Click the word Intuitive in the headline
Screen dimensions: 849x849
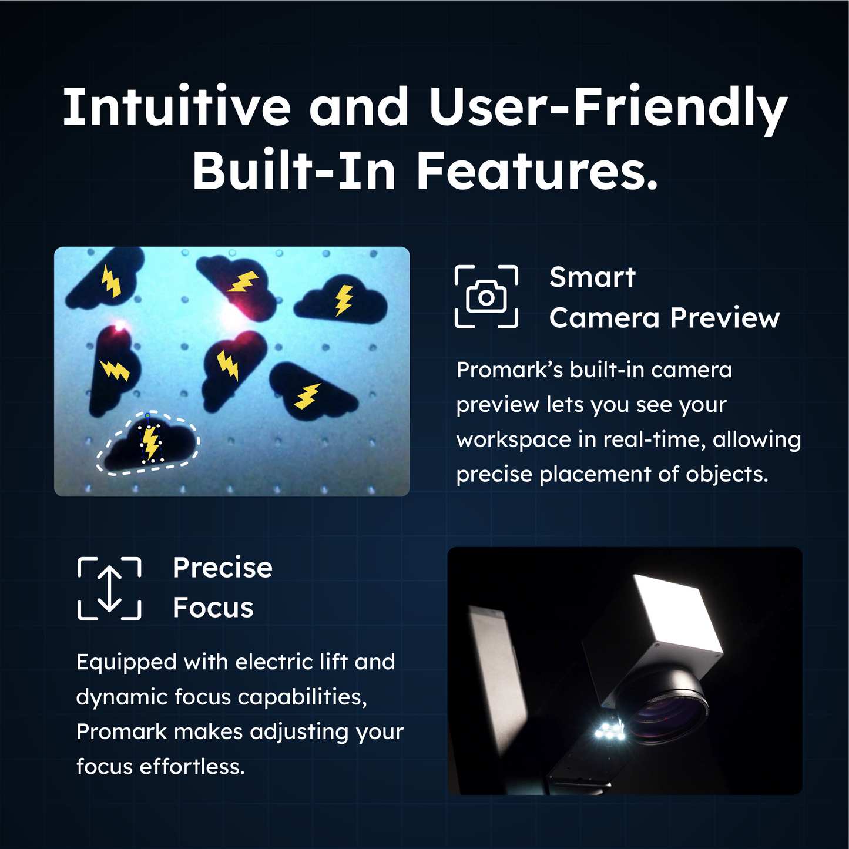coord(177,107)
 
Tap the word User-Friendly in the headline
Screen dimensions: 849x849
coord(609,109)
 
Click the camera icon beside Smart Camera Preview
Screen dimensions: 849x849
coord(486,297)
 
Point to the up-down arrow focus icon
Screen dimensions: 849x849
coord(109,588)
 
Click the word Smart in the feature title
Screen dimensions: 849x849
coord(592,277)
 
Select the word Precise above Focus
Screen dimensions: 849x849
coord(223,568)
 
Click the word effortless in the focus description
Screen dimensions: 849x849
coord(192,767)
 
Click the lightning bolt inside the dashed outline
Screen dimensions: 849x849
coord(151,443)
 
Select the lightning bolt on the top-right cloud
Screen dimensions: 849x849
coord(344,300)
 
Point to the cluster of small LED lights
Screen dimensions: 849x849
coord(610,731)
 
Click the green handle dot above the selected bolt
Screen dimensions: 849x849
coord(148,415)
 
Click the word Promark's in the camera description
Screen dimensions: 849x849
coord(510,370)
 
